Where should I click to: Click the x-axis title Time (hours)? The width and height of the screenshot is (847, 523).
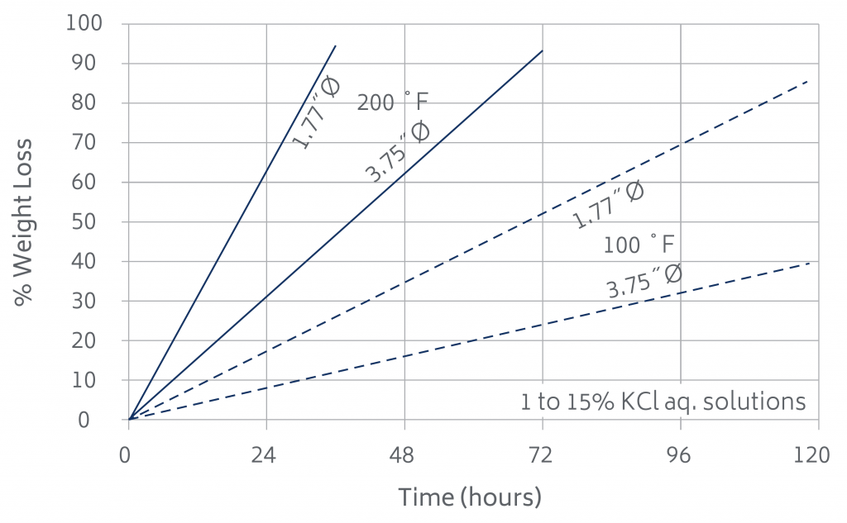470,497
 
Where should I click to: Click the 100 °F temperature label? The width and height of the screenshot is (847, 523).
639,245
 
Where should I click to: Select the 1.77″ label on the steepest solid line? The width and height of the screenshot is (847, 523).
316,113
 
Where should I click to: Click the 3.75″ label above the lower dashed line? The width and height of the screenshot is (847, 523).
644,281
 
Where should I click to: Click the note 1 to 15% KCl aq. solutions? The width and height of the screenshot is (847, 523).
663,402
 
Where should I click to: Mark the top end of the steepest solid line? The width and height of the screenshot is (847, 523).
335,45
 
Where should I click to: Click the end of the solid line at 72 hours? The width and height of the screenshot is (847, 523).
543,50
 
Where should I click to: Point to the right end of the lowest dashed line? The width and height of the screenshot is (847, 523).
809,263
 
